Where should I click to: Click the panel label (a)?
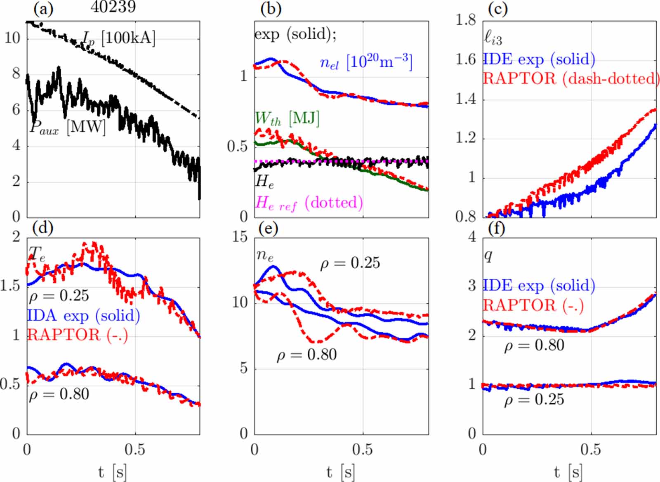[43, 8]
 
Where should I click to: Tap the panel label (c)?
[497, 8]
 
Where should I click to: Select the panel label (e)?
[268, 228]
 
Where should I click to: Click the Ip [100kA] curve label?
[119, 39]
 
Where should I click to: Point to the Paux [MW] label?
[68, 127]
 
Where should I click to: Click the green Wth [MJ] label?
[287, 119]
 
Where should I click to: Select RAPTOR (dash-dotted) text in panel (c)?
[571, 78]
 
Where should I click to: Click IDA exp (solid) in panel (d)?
[83, 316]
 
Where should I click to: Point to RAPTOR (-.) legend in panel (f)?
[533, 306]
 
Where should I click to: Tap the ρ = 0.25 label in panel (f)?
[534, 399]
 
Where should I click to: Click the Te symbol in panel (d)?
[38, 253]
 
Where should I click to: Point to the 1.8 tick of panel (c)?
[466, 20]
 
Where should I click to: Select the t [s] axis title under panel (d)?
[113, 472]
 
